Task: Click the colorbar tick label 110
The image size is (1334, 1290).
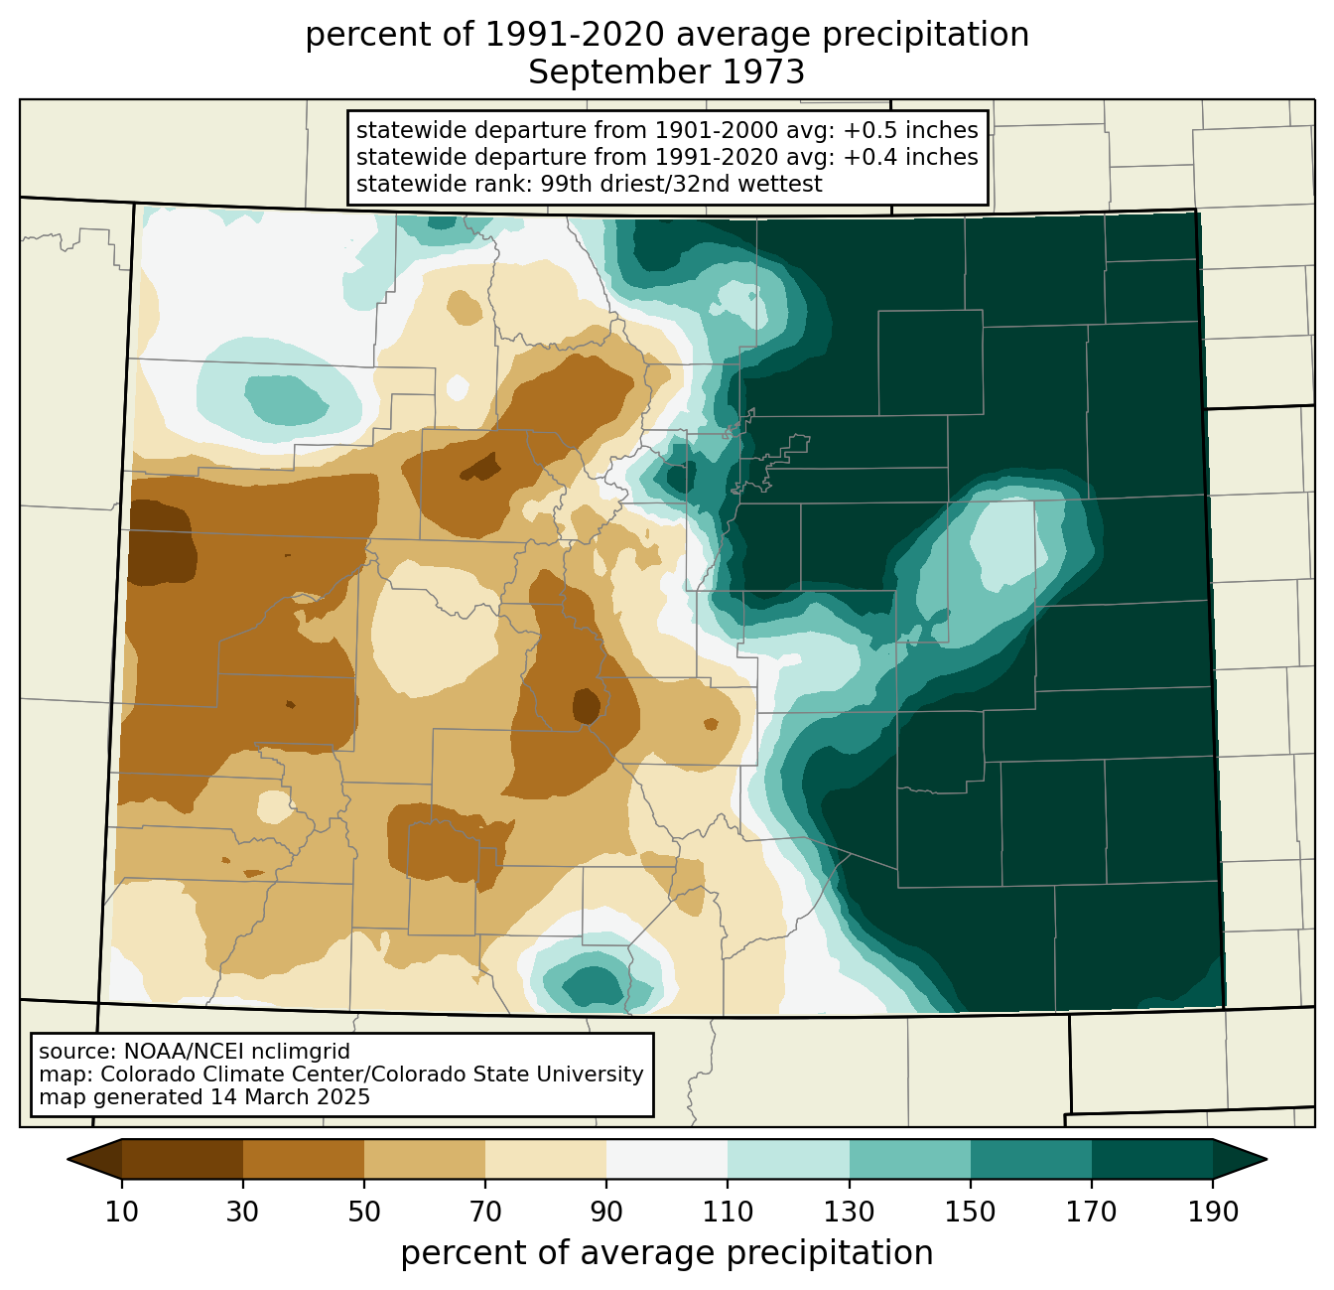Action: [x=728, y=1213]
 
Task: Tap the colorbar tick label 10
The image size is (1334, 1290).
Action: [x=121, y=1213]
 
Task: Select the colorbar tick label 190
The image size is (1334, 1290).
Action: [x=1213, y=1213]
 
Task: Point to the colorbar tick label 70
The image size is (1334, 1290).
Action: [x=484, y=1213]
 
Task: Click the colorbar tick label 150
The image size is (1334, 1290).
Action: [x=970, y=1213]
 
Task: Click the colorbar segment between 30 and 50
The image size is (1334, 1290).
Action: [x=303, y=1159]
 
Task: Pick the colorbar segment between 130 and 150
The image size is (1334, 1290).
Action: [x=909, y=1159]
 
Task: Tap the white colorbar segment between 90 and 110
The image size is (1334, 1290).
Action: [x=667, y=1159]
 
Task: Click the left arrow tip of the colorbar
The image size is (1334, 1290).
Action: [x=67, y=1159]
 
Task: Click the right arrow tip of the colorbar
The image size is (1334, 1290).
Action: [x=1267, y=1159]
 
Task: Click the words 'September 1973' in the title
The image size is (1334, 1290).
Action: [x=666, y=72]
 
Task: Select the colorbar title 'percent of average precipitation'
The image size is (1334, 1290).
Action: [x=666, y=1253]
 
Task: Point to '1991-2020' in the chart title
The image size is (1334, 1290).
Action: [x=574, y=35]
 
